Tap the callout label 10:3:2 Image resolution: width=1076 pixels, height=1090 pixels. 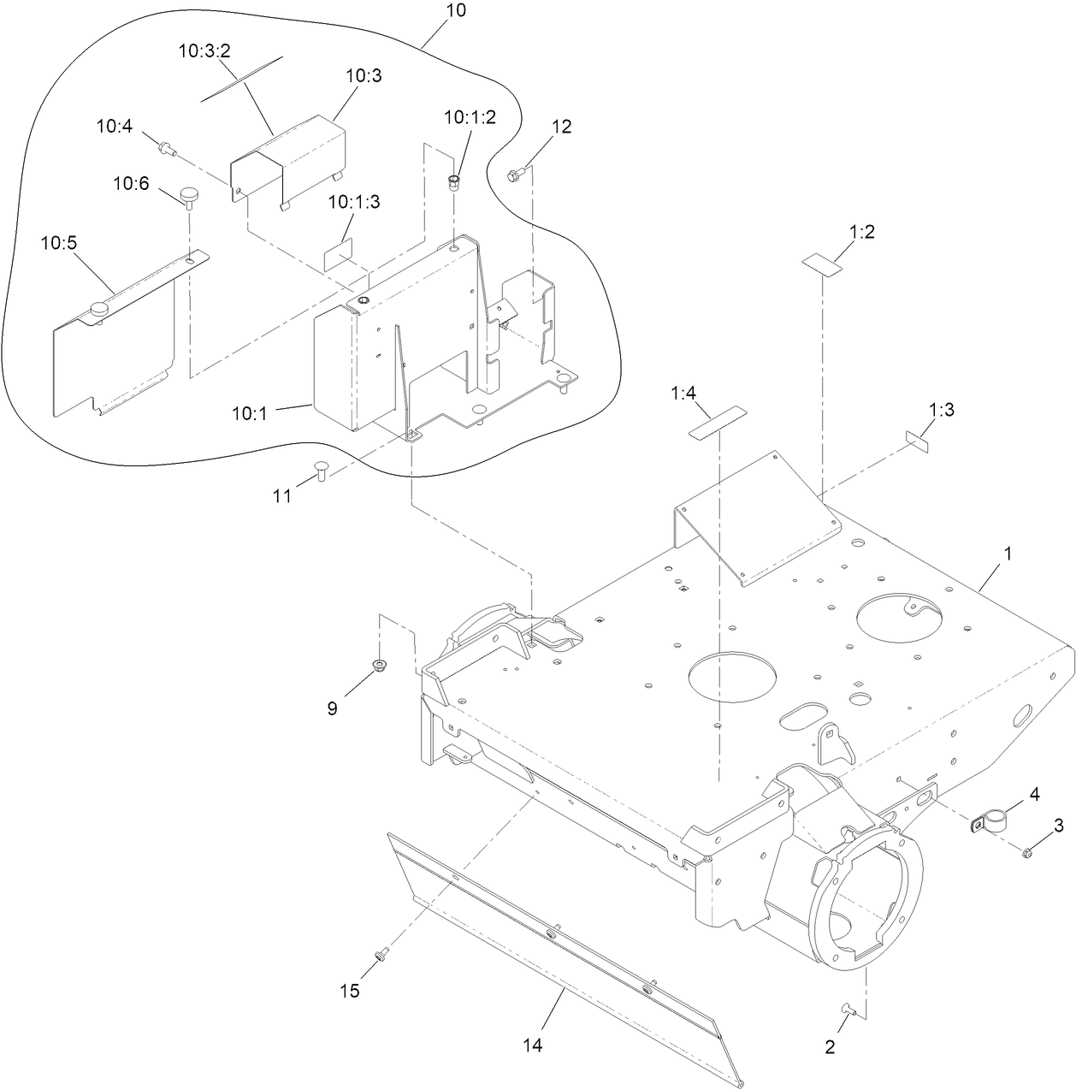[x=205, y=50]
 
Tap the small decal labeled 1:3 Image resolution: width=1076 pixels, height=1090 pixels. [x=918, y=441]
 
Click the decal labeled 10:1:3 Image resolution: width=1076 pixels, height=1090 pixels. [x=338, y=256]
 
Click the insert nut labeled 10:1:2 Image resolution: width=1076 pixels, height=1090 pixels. [x=454, y=181]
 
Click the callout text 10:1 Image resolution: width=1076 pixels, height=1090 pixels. [x=249, y=413]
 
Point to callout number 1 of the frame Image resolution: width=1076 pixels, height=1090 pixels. [x=1007, y=554]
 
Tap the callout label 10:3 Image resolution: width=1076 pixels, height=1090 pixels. [x=364, y=75]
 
